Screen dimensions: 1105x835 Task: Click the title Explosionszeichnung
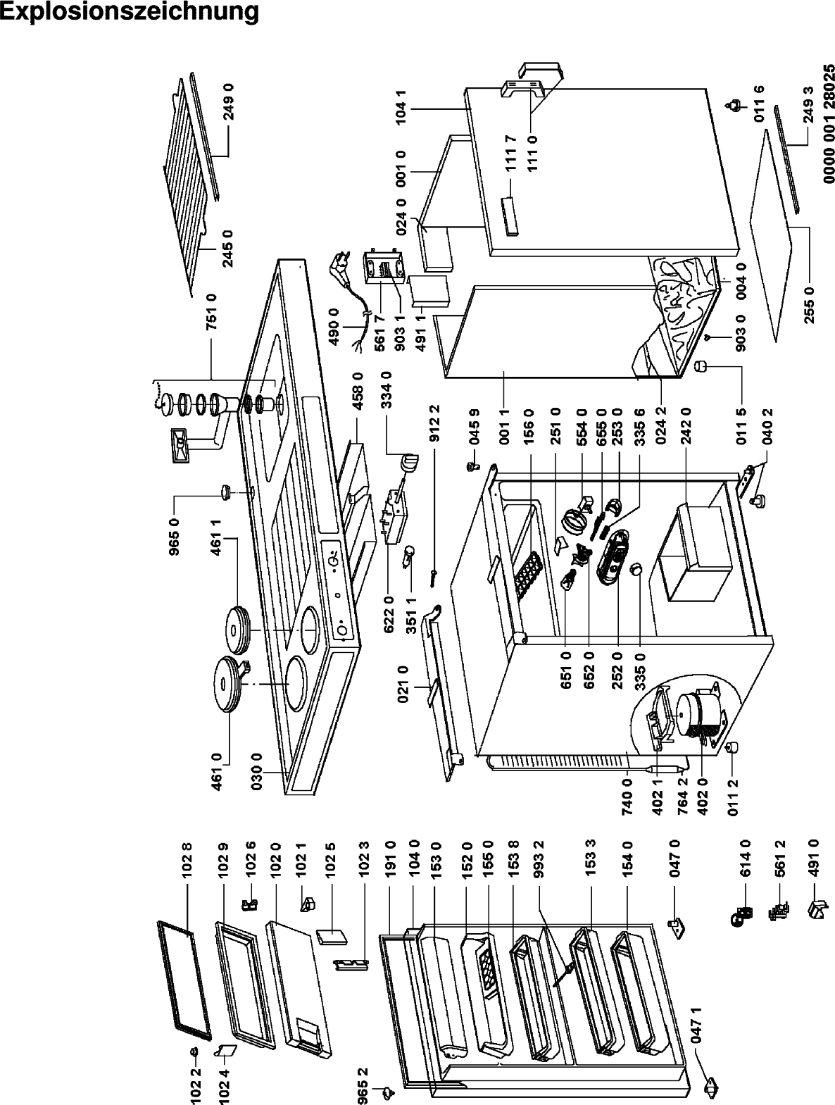tap(130, 13)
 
